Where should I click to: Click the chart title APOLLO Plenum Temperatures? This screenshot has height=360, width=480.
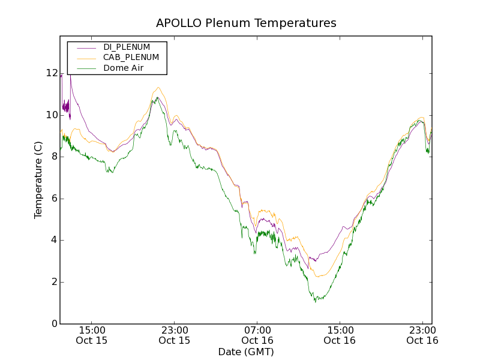click(x=246, y=23)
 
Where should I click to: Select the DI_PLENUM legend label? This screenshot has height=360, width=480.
click(x=127, y=47)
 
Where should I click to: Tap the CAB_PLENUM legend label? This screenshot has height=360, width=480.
click(x=131, y=58)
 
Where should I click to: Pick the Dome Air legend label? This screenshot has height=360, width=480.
click(x=123, y=68)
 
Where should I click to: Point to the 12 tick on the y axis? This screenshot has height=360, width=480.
click(x=52, y=73)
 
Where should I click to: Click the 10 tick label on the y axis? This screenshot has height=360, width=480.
click(x=52, y=115)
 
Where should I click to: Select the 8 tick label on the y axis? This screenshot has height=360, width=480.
click(x=55, y=157)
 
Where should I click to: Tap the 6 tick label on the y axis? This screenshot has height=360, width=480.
click(x=55, y=199)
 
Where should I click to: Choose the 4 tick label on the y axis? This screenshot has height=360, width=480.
click(x=55, y=240)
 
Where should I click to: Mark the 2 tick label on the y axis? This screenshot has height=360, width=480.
click(x=55, y=282)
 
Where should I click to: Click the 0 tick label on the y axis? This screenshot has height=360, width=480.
click(x=55, y=324)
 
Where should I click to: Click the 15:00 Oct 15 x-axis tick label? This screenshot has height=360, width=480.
click(x=92, y=335)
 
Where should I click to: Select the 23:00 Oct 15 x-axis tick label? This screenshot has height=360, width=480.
click(x=175, y=335)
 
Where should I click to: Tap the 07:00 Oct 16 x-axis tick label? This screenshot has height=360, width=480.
click(x=257, y=335)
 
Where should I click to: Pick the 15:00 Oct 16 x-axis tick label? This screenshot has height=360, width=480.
click(x=340, y=335)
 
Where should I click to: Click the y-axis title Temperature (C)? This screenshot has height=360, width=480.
click(x=38, y=180)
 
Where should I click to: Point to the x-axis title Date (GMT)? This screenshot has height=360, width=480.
click(x=246, y=352)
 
